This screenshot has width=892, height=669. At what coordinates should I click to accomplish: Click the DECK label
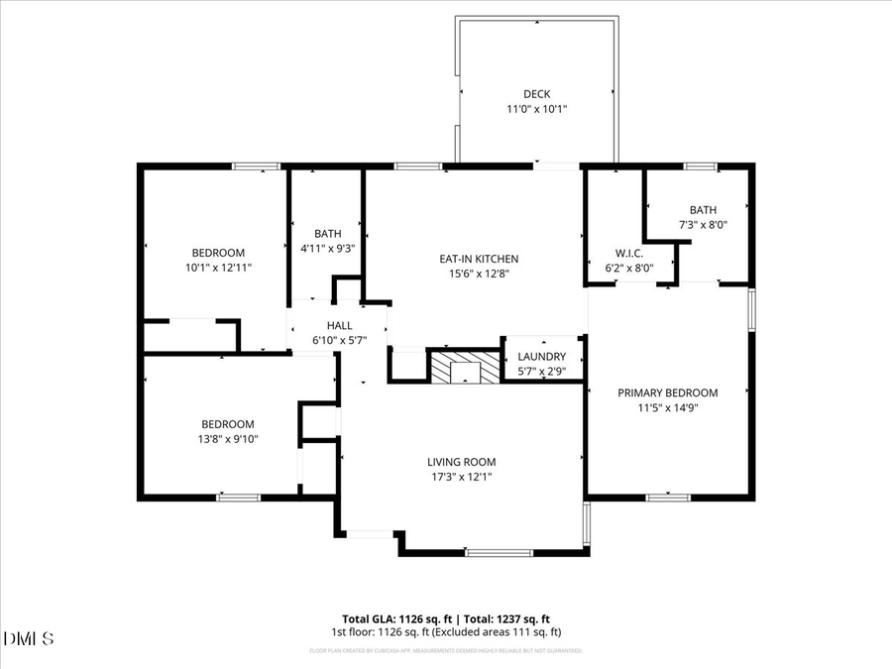[x=537, y=94]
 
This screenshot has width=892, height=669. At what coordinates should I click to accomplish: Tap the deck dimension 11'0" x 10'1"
[x=537, y=109]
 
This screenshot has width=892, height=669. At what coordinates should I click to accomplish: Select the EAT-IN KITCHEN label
[x=479, y=259]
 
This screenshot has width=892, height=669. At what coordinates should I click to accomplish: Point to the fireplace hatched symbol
[x=463, y=367]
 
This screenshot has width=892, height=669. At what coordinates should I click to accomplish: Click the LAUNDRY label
[x=542, y=357]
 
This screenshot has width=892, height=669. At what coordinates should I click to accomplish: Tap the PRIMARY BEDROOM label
[x=668, y=392]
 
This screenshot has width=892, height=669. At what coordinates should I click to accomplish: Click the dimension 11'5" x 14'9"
[x=668, y=407]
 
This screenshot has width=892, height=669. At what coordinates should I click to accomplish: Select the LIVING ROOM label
[x=461, y=462]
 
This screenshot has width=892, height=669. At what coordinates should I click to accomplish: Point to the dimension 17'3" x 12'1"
[x=461, y=477]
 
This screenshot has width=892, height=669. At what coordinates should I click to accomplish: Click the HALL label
[x=340, y=325]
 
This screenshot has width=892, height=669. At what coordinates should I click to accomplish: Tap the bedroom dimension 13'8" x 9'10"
[x=228, y=438]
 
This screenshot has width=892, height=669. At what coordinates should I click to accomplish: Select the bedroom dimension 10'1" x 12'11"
[x=218, y=268]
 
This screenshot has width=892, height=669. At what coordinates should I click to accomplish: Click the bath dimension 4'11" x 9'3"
[x=327, y=249]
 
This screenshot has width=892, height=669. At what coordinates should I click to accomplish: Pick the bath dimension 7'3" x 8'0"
[x=703, y=224]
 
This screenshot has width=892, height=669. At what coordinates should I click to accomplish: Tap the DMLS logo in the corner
[x=29, y=637]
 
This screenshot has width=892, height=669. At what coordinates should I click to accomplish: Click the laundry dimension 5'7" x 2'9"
[x=542, y=372]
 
